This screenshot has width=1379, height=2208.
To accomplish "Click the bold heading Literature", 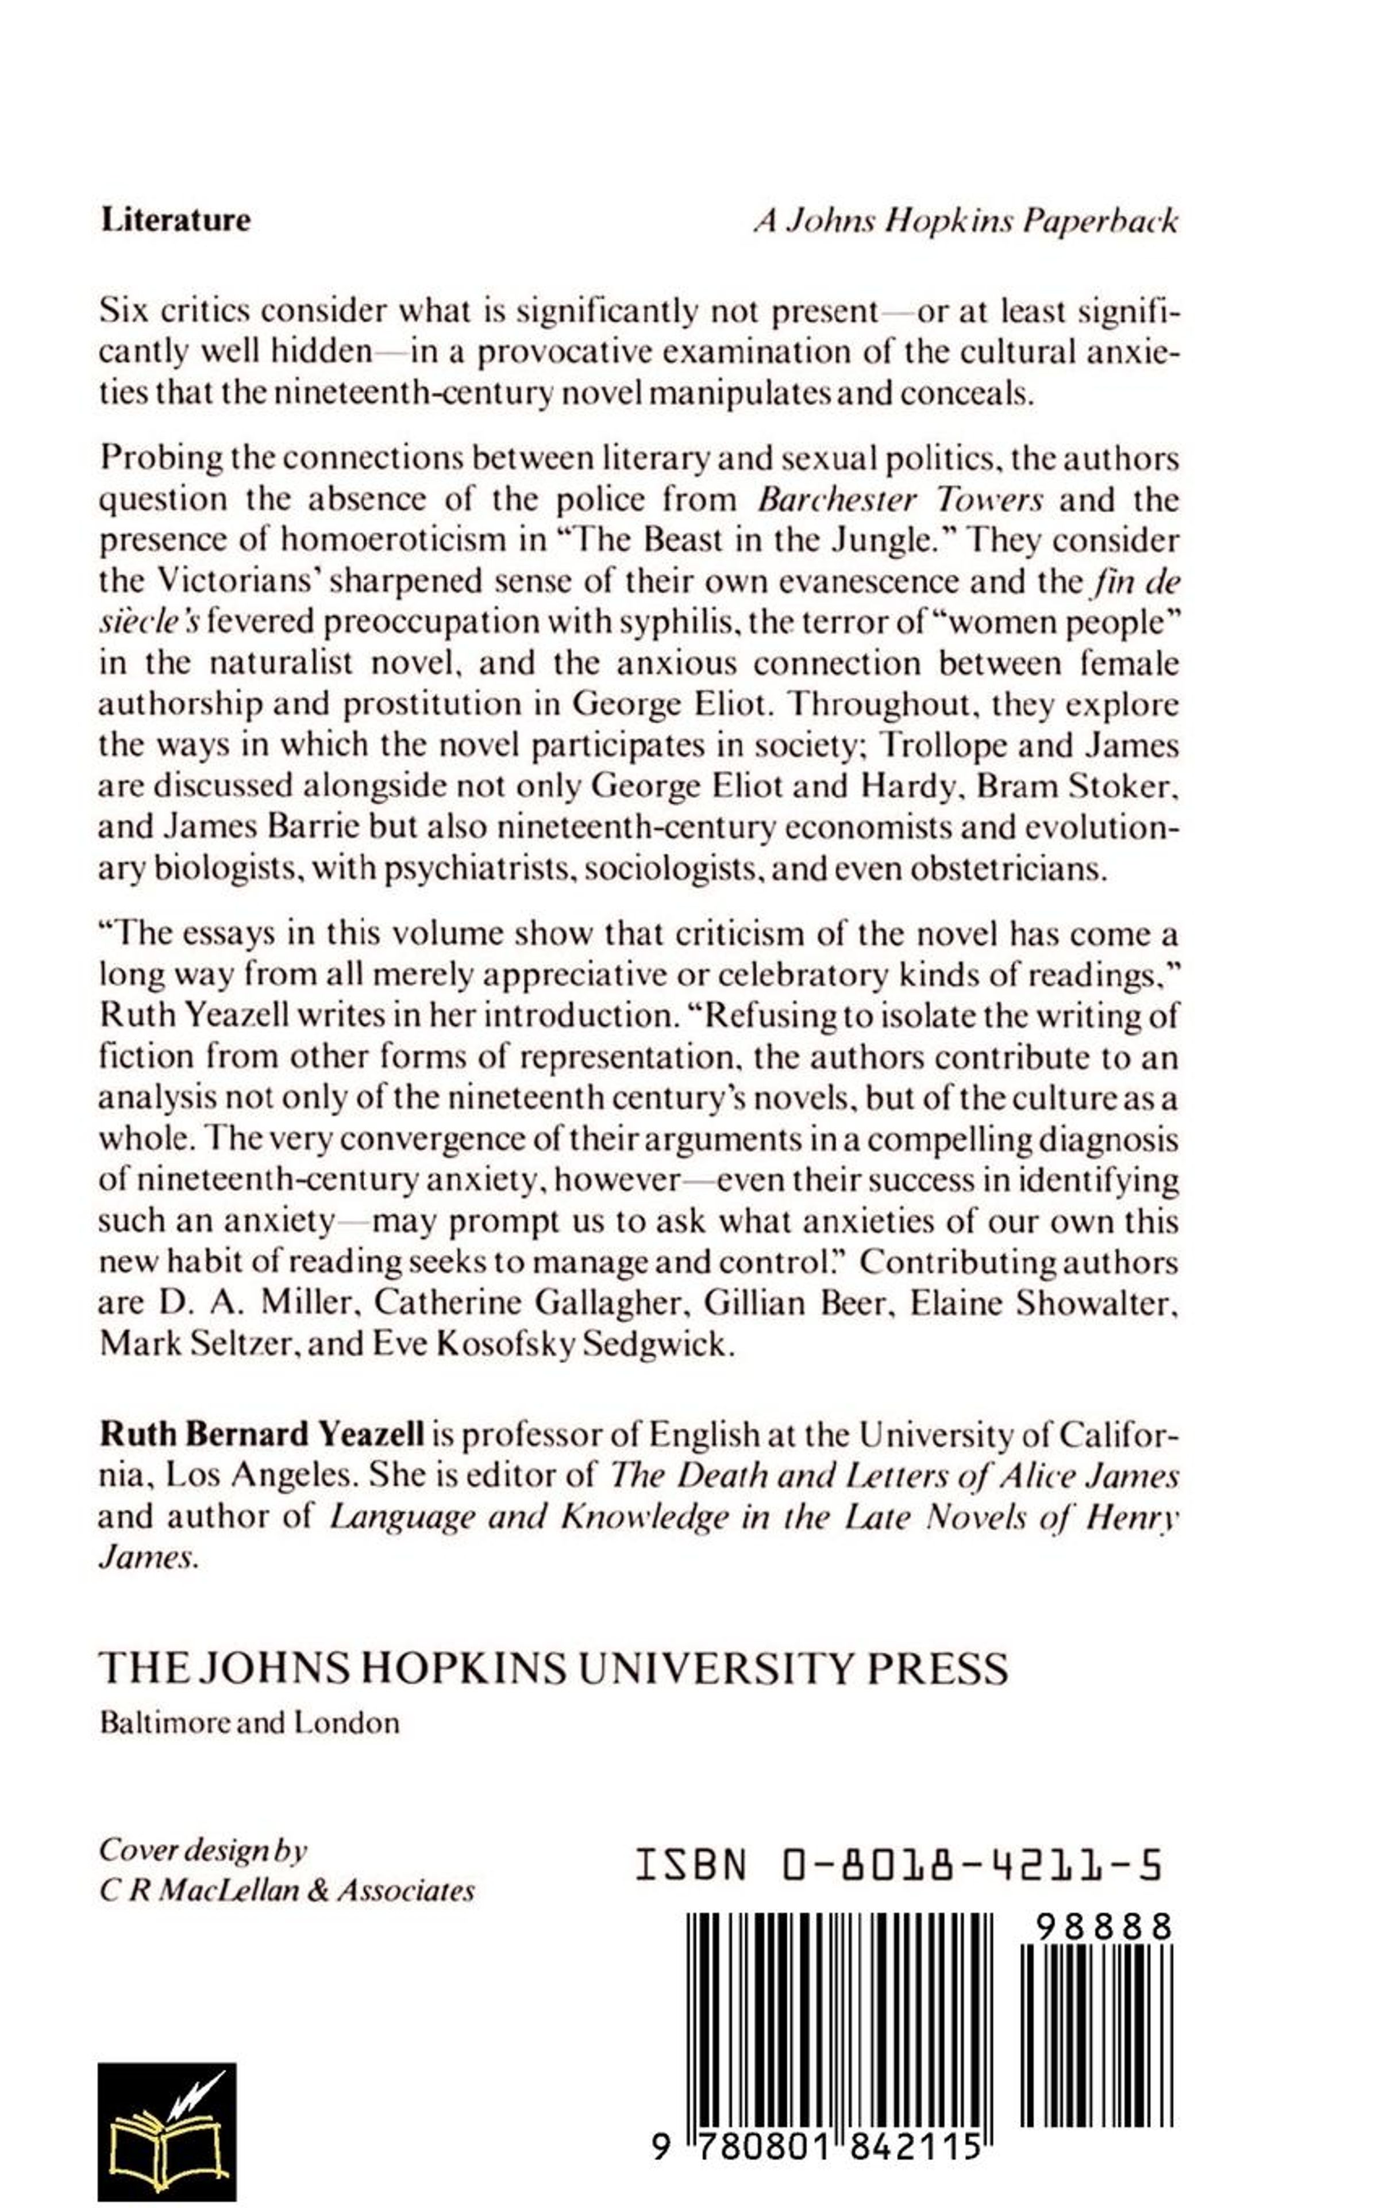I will pos(175,220).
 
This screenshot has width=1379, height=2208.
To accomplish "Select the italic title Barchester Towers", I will pos(901,499).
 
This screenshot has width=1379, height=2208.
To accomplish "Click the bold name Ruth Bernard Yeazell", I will pos(262,1435).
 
